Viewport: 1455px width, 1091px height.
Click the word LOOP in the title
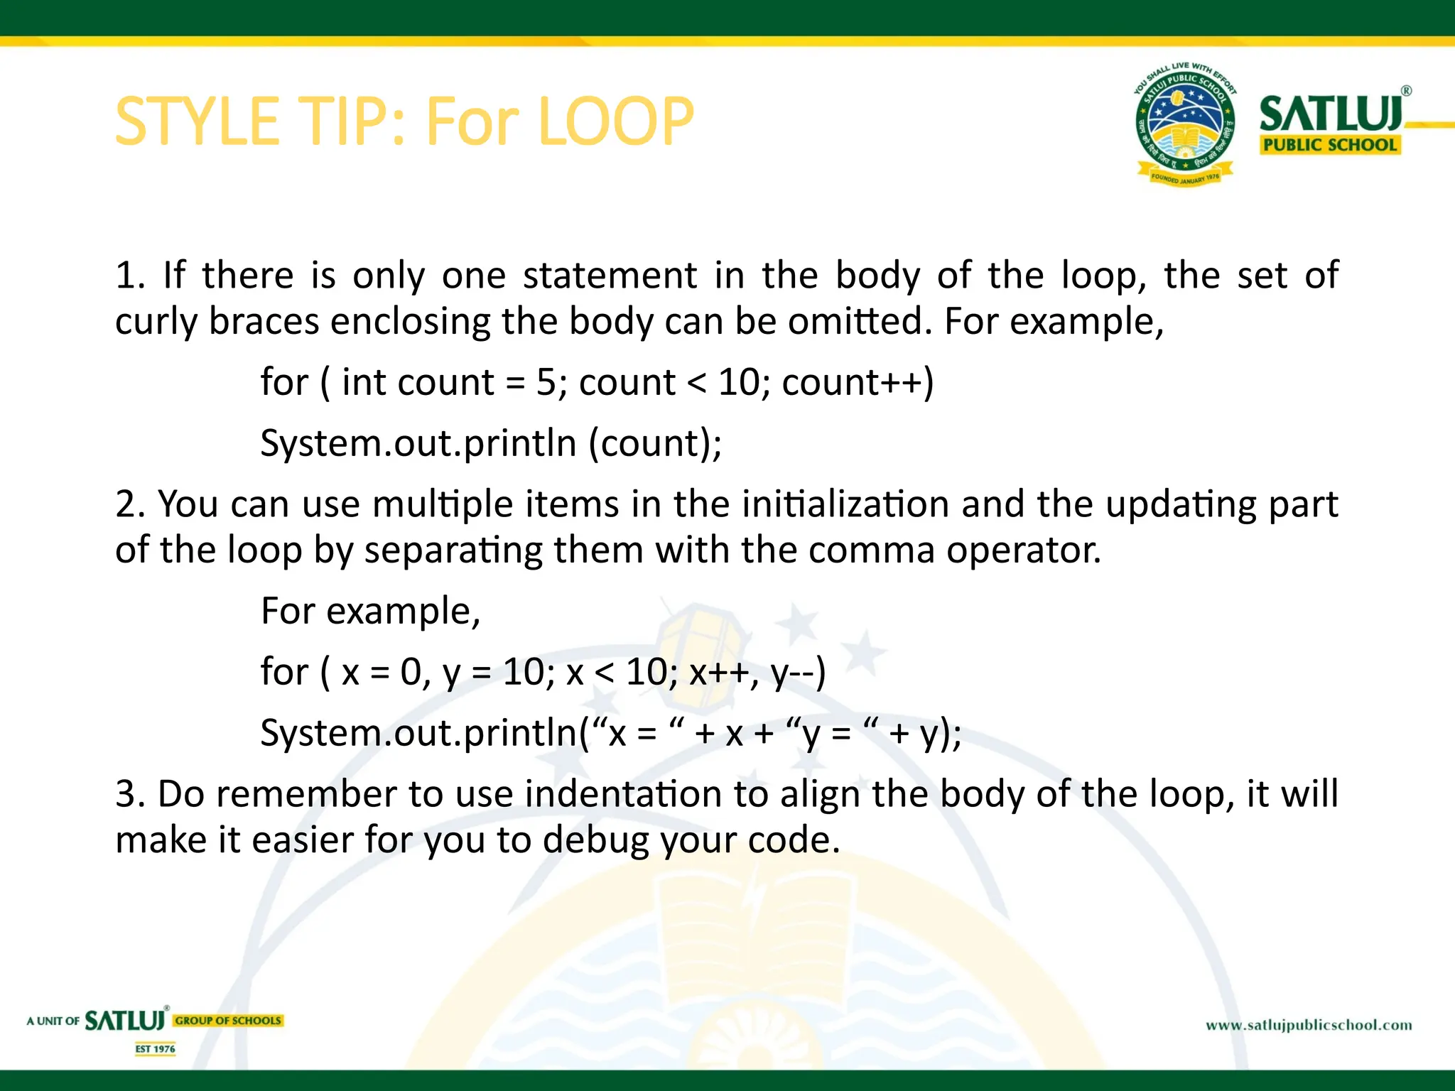point(616,121)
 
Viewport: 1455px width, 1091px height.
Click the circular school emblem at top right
point(1185,124)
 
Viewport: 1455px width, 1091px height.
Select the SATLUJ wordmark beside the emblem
point(1331,114)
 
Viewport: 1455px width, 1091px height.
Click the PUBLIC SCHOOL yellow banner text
point(1329,145)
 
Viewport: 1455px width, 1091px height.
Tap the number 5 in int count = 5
point(546,383)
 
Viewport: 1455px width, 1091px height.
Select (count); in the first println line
point(655,444)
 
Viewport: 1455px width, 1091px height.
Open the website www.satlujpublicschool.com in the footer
point(1309,1025)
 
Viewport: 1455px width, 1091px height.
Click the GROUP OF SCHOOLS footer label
point(228,1021)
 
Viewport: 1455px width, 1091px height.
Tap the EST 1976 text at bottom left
point(156,1049)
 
